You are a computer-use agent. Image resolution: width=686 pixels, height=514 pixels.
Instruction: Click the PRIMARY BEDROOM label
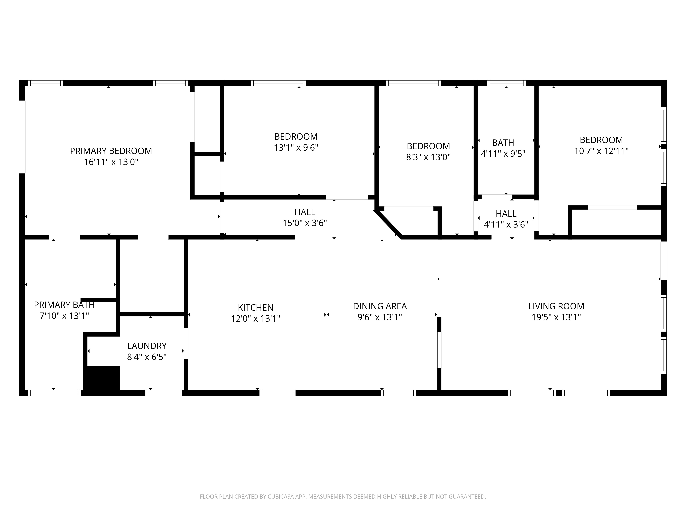[x=111, y=151]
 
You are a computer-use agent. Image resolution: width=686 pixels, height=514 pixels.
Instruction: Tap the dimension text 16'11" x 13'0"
[x=111, y=162]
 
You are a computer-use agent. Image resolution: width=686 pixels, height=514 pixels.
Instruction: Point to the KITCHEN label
[x=256, y=308]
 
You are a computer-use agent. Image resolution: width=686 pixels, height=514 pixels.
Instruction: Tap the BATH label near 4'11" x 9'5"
[x=503, y=143]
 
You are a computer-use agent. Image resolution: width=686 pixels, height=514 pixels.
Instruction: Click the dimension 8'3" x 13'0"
[x=428, y=157]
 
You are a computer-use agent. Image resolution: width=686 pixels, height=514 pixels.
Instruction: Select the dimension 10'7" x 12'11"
[x=601, y=151]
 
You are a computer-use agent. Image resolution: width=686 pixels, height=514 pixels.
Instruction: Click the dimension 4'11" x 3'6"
[x=506, y=225]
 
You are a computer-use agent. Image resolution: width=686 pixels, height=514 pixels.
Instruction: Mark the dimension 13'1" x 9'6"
[x=296, y=148]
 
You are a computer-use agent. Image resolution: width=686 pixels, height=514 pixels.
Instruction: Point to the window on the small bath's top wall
[x=506, y=83]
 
